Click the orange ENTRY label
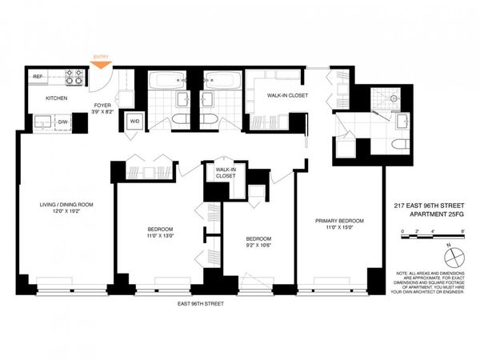coord(102,57)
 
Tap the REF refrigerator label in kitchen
coord(37,76)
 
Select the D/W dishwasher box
coord(62,122)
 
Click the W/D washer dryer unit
coord(134,121)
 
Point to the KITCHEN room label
coord(56,98)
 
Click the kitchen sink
coord(41,122)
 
